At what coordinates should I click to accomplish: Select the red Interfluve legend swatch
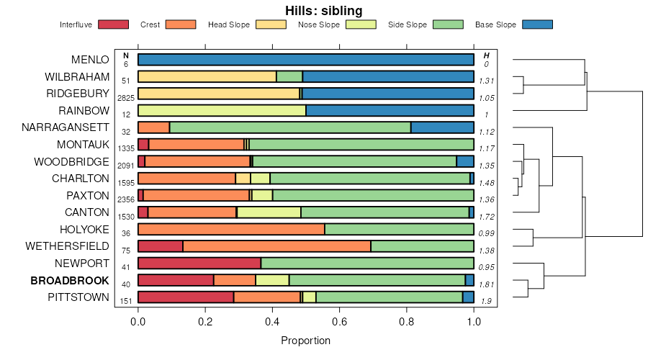click(112, 24)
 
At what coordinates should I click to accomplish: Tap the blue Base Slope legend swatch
click(536, 24)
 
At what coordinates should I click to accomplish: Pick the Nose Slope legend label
click(318, 24)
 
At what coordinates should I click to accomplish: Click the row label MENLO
click(90, 59)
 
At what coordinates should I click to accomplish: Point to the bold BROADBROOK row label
click(75, 280)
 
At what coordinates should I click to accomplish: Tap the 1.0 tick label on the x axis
click(474, 321)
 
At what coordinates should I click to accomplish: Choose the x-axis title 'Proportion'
click(305, 341)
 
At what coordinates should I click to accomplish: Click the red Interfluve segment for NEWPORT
click(199, 264)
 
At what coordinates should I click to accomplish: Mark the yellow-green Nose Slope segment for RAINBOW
click(222, 110)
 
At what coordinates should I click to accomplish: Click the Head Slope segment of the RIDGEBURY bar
click(218, 94)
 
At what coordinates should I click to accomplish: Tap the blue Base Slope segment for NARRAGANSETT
click(442, 127)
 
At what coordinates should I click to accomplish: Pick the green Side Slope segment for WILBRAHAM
click(289, 76)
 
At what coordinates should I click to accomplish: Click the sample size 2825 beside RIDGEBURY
click(126, 97)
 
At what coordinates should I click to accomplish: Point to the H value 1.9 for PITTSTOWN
click(486, 301)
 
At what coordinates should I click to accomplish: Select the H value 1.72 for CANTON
click(486, 216)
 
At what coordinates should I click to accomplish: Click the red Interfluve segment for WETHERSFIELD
click(160, 246)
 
